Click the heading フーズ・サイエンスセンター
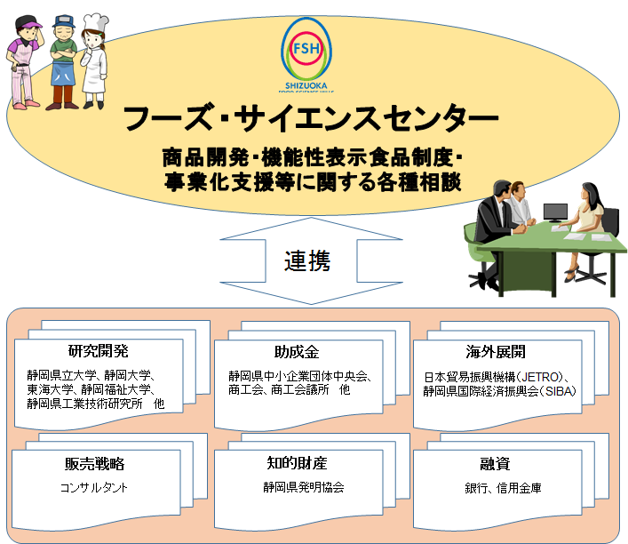pos(310,118)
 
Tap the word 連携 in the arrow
pos(307,260)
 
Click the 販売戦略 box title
pos(94,463)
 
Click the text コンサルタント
pos(94,487)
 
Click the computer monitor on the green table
pos(556,212)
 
